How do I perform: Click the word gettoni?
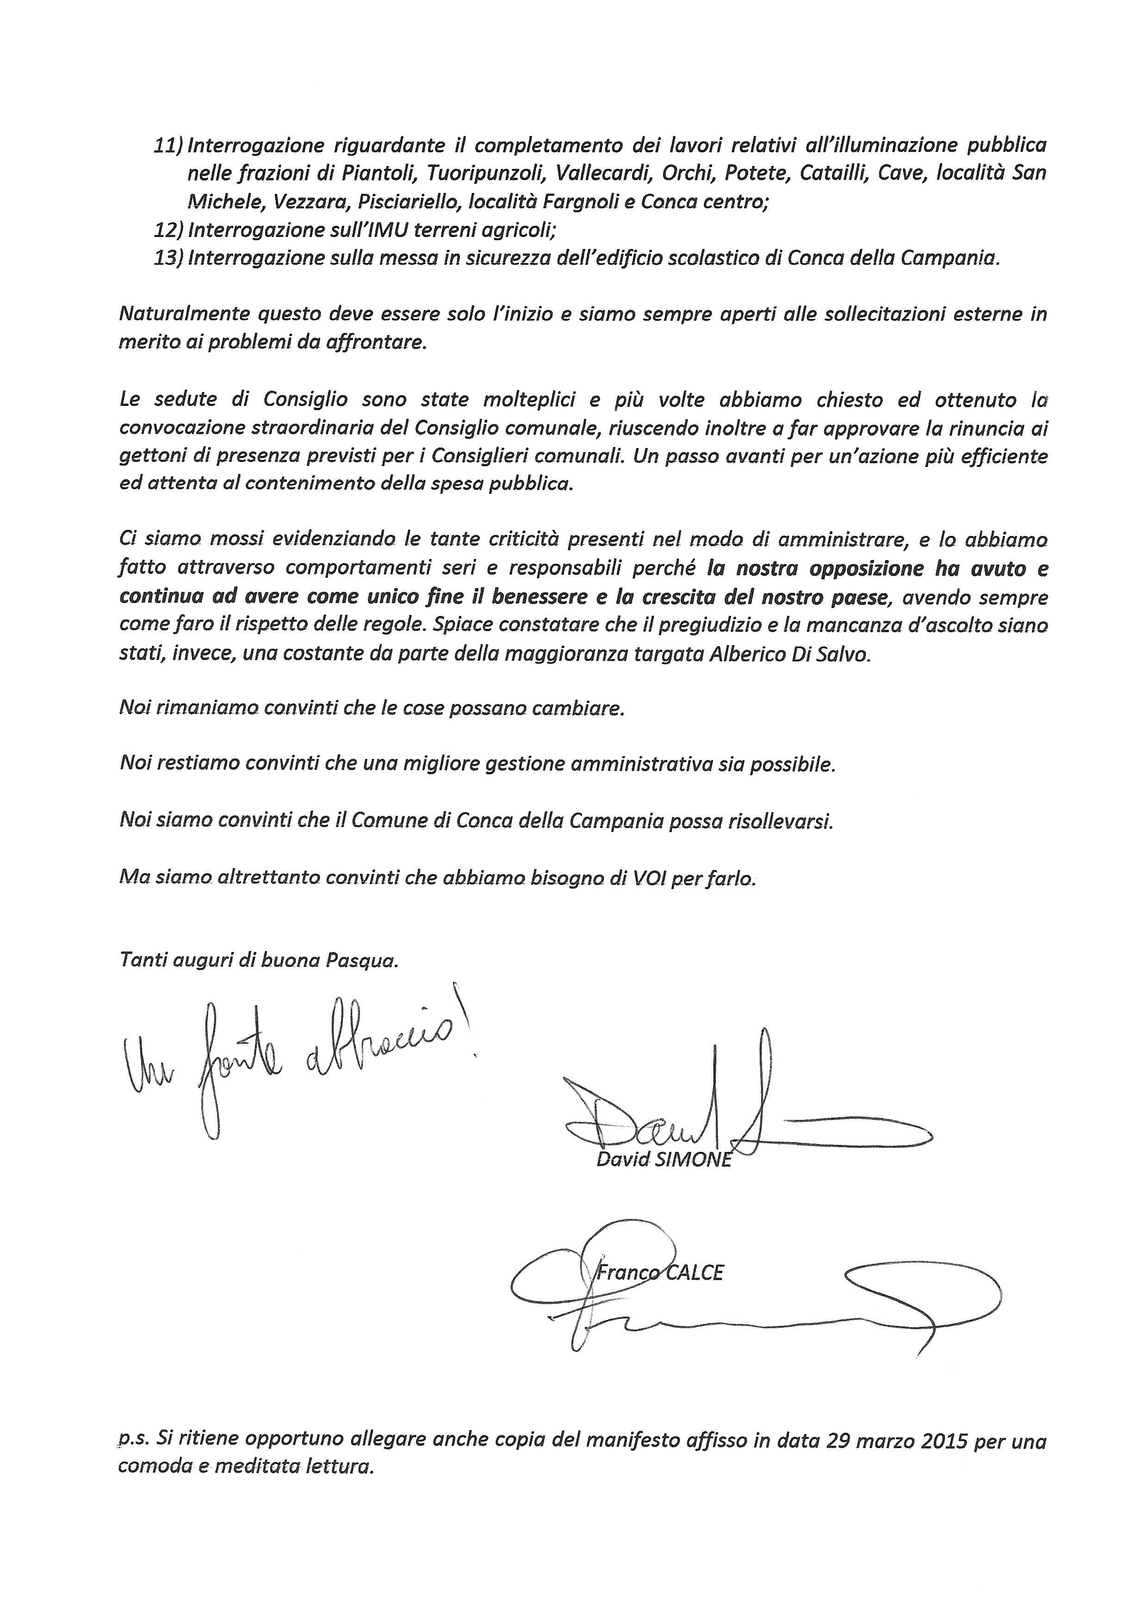click(149, 457)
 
